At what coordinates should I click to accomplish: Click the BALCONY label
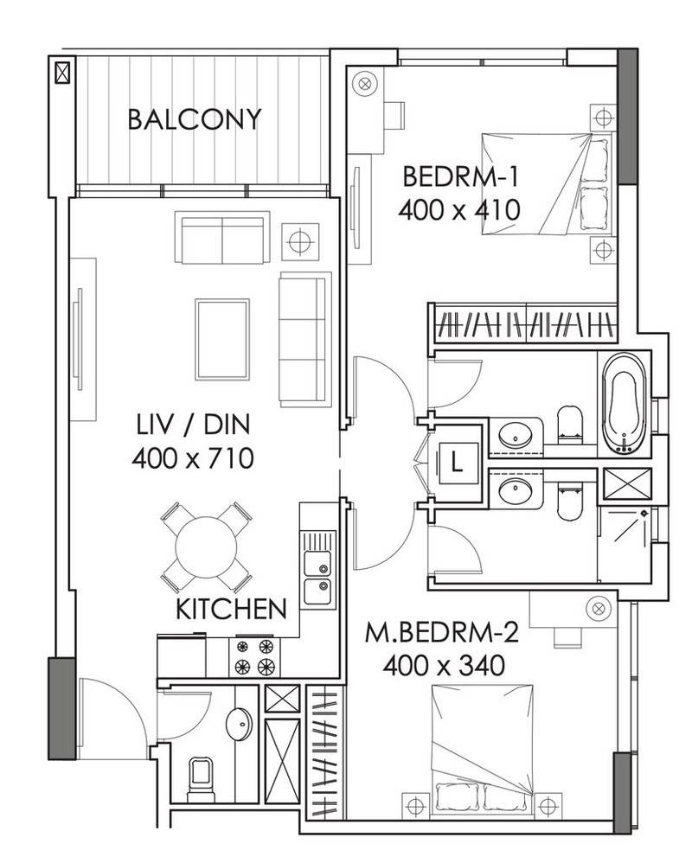tap(194, 119)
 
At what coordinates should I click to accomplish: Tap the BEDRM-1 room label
tap(461, 177)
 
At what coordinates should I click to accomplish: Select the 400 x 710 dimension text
tap(193, 458)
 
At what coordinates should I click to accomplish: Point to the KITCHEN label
tap(231, 609)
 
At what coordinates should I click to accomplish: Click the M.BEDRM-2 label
tap(442, 634)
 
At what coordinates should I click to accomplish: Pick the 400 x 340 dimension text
tap(445, 666)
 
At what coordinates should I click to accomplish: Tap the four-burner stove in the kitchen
tap(254, 656)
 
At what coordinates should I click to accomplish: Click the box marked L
tap(457, 463)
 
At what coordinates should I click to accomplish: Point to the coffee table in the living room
tap(221, 340)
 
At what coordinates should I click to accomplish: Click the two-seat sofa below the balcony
tap(222, 239)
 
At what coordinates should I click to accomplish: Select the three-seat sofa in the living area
tap(305, 340)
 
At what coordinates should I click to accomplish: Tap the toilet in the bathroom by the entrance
tap(200, 776)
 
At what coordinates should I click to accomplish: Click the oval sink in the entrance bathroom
tap(239, 724)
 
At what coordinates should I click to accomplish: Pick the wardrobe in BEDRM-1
tap(526, 323)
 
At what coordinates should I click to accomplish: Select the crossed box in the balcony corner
tap(63, 72)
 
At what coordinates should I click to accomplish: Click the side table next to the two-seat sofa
tap(300, 241)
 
